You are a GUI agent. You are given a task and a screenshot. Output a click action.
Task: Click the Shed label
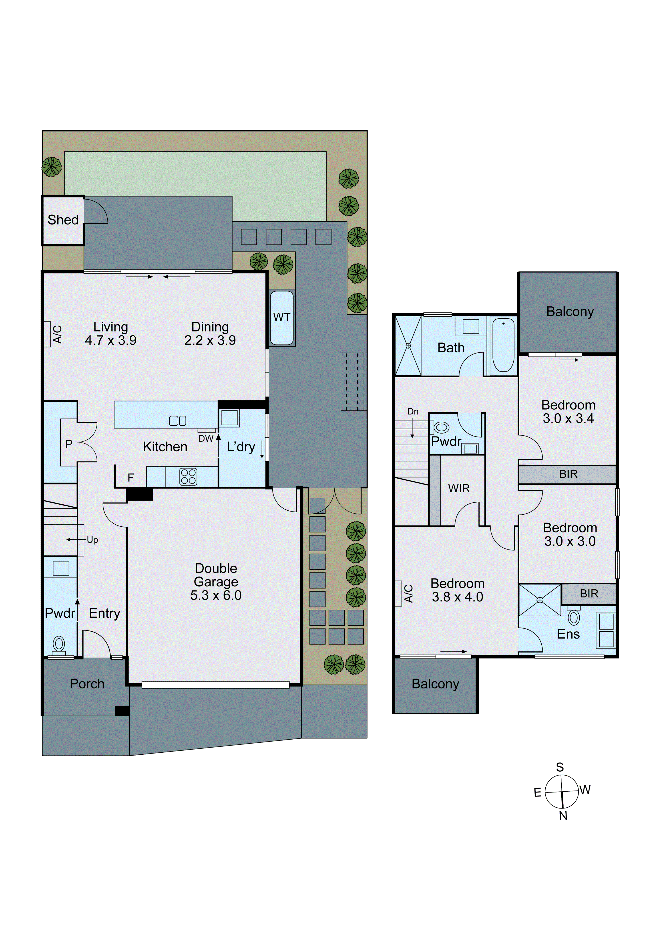(x=63, y=220)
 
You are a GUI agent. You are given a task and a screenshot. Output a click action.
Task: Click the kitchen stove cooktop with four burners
(x=188, y=477)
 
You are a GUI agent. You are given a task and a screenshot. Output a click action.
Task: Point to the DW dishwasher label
(x=206, y=439)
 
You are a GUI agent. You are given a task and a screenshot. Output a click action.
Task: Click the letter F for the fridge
(x=131, y=477)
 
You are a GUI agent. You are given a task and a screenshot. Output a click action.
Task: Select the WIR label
(x=459, y=488)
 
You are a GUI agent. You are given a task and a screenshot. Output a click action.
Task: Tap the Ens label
(x=568, y=634)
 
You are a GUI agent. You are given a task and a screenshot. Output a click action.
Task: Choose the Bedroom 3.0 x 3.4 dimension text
(x=568, y=418)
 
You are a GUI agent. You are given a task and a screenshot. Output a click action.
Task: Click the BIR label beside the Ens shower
(x=589, y=594)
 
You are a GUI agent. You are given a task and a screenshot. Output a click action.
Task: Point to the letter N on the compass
(x=563, y=816)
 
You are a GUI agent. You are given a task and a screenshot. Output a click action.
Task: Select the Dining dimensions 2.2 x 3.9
(x=210, y=340)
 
